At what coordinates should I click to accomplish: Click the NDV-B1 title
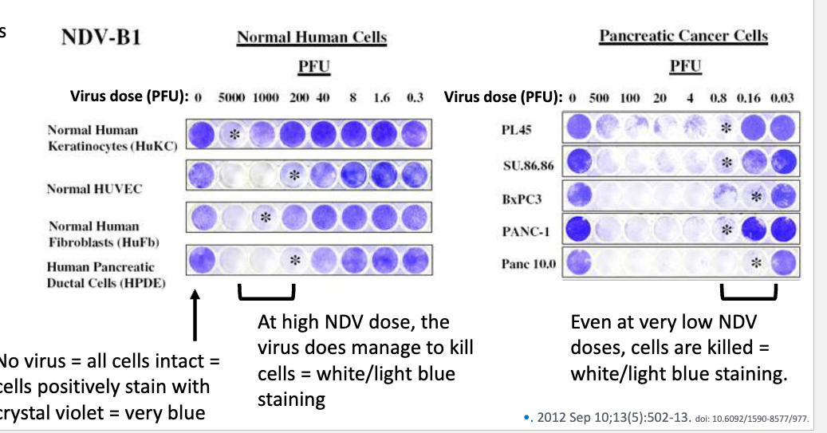100,38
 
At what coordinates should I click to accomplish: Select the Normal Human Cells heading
312,38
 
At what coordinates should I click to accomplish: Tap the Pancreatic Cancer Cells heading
683,36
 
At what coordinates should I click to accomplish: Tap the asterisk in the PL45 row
726,128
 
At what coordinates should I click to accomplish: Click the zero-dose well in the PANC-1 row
579,230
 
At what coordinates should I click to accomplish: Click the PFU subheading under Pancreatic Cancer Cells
684,67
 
